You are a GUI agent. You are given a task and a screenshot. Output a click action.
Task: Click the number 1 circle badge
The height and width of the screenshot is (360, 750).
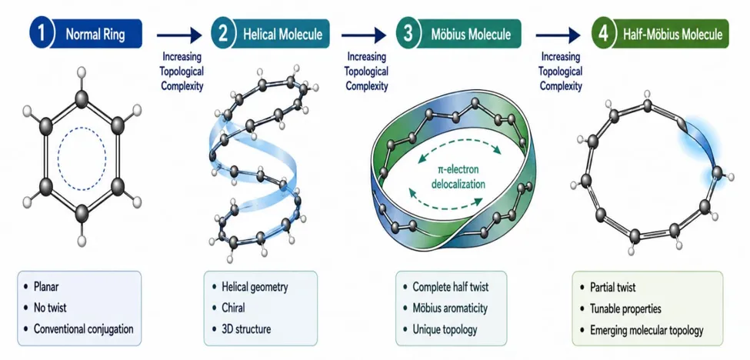pyautogui.click(x=42, y=34)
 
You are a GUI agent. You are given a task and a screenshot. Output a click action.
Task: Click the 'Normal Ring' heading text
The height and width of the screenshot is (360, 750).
pyautogui.click(x=95, y=35)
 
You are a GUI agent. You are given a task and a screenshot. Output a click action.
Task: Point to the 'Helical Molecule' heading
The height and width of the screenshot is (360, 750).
pyautogui.click(x=282, y=35)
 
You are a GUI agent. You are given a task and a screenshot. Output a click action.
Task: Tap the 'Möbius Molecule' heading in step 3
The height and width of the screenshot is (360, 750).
pyautogui.click(x=469, y=35)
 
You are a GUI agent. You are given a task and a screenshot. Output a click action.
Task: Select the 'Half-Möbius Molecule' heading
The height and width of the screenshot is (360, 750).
pyautogui.click(x=673, y=35)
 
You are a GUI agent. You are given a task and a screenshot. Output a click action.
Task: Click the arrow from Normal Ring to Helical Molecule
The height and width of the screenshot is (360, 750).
pyautogui.click(x=179, y=35)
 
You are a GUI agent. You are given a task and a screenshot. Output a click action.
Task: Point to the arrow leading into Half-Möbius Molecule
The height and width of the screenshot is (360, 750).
pyautogui.click(x=558, y=35)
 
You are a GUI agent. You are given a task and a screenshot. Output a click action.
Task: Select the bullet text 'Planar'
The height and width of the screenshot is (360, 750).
pyautogui.click(x=46, y=287)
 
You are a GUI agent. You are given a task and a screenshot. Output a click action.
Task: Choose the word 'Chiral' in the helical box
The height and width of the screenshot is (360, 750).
pyautogui.click(x=233, y=308)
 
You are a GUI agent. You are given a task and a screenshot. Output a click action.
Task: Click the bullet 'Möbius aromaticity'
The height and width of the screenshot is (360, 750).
pyautogui.click(x=450, y=308)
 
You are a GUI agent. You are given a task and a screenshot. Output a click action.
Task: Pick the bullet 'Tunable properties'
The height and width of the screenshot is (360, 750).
pyautogui.click(x=625, y=308)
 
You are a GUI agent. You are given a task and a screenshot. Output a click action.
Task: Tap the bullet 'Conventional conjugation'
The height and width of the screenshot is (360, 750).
pyautogui.click(x=84, y=329)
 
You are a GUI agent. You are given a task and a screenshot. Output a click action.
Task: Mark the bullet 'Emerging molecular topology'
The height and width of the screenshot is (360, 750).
pyautogui.click(x=647, y=330)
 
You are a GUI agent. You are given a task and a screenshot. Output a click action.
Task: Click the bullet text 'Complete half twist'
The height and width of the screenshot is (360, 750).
pyautogui.click(x=451, y=287)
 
